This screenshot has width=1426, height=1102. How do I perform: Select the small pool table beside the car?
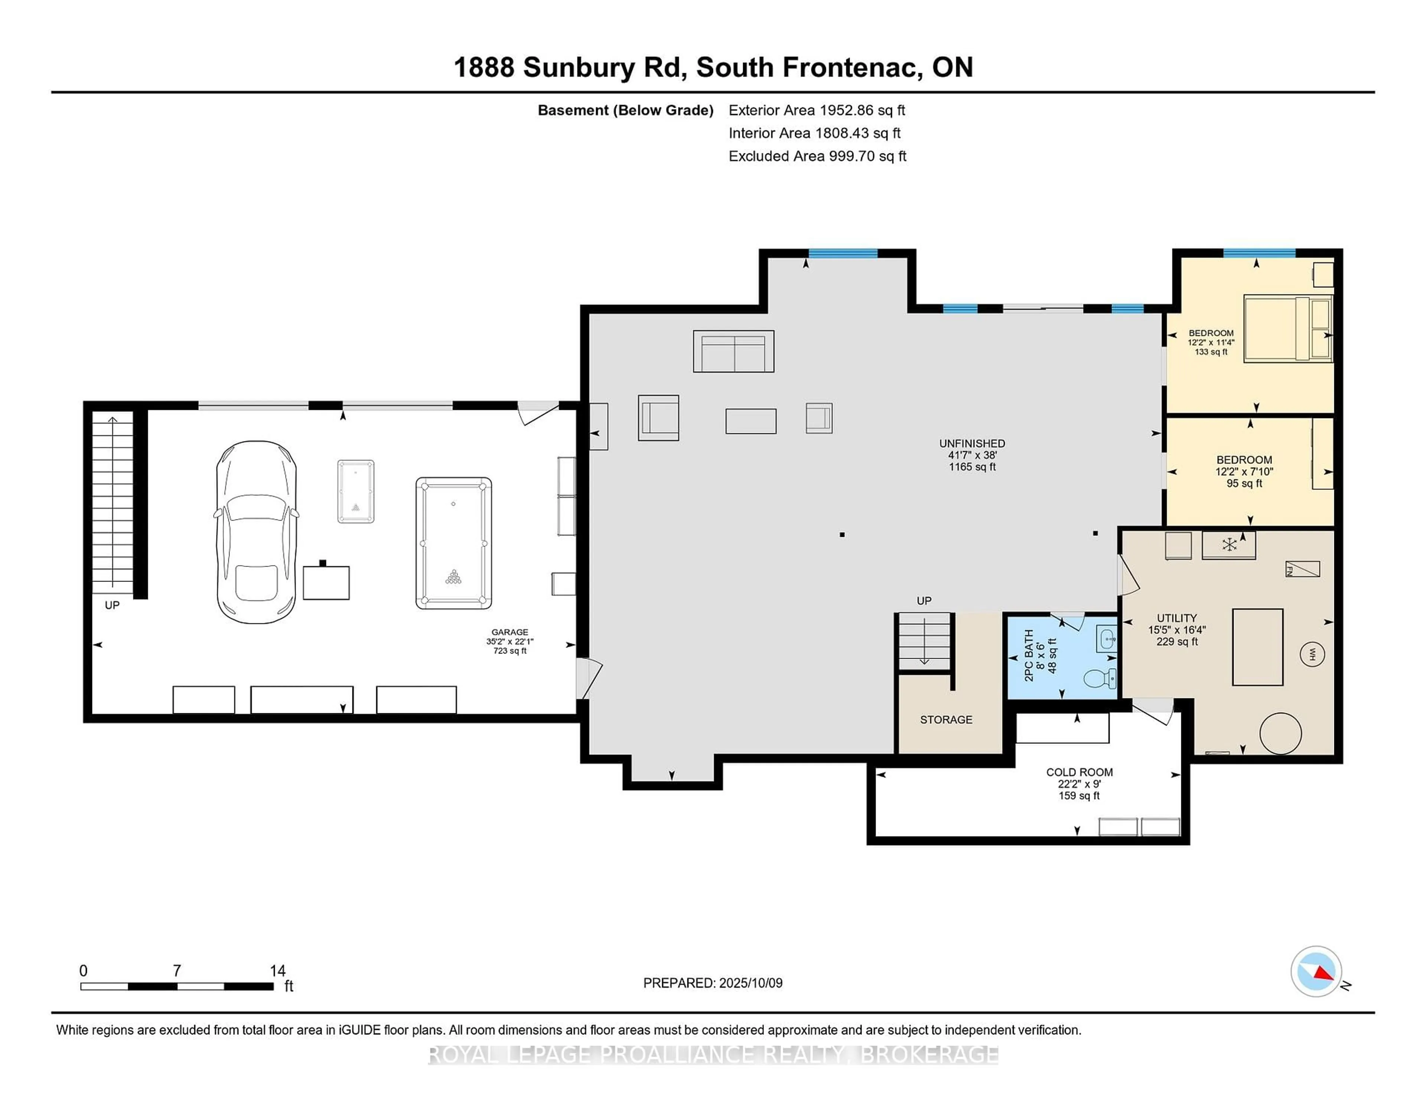pos(356,491)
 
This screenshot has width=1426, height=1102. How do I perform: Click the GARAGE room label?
pos(510,632)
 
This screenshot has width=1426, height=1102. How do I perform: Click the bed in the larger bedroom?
pos(1287,328)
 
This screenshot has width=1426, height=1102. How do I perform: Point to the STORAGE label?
pos(946,720)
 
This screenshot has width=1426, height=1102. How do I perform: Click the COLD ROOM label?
pos(1079,772)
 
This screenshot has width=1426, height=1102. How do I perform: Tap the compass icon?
pos(1316,971)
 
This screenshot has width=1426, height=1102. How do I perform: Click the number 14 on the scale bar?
pos(277,971)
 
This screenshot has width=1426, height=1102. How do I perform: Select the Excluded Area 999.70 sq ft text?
pos(817,156)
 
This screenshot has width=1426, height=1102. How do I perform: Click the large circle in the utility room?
pos(1280,733)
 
